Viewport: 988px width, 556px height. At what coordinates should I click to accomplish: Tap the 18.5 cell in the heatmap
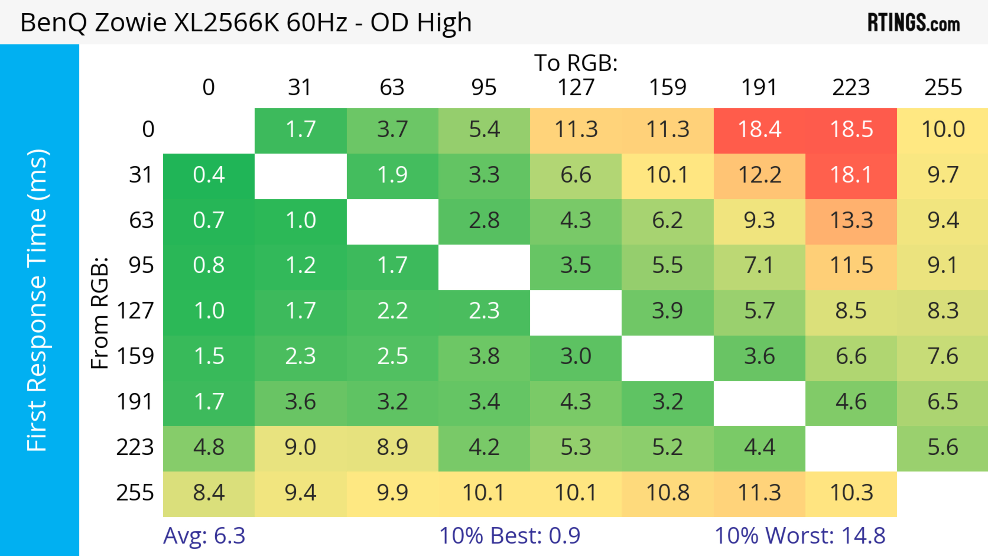[x=851, y=130]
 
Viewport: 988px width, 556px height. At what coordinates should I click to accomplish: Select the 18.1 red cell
[x=851, y=175]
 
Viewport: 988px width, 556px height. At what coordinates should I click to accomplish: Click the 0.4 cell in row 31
[x=209, y=175]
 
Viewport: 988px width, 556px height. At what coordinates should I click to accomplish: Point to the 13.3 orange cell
[x=851, y=220]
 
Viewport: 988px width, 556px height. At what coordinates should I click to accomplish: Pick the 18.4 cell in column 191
[x=760, y=130]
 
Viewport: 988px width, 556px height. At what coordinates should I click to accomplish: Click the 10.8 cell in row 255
[x=667, y=493]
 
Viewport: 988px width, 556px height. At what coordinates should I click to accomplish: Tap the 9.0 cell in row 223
[x=300, y=447]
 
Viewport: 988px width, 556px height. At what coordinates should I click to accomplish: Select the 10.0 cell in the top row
[x=943, y=130]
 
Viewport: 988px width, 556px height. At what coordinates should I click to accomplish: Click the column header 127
[x=576, y=87]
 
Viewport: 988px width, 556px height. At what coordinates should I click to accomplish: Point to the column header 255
[x=943, y=87]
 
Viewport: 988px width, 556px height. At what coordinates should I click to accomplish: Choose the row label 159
[x=135, y=356]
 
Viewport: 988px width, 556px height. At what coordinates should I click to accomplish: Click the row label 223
[x=135, y=447]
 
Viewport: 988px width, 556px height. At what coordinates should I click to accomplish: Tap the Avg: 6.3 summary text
[x=204, y=536]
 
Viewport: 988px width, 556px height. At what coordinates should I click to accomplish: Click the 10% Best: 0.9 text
[x=509, y=536]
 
